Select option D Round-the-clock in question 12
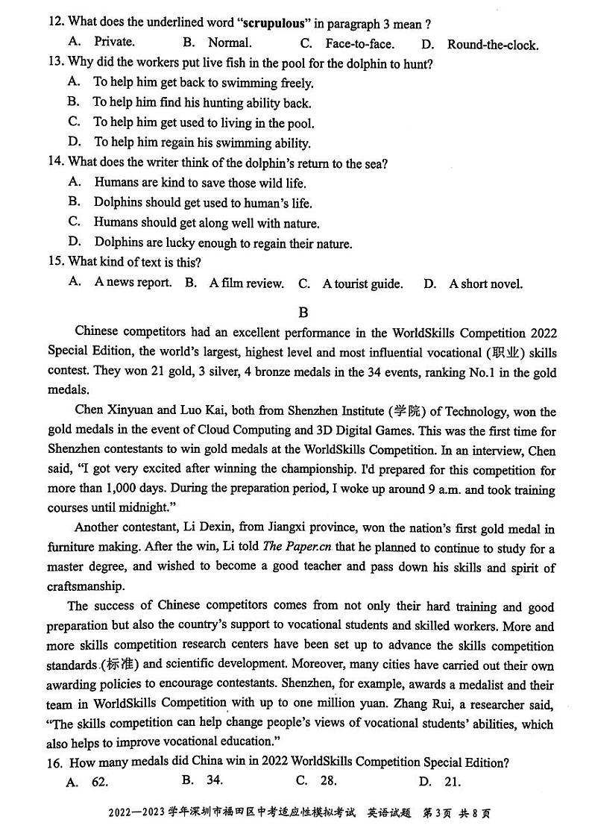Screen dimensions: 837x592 pyautogui.click(x=492, y=45)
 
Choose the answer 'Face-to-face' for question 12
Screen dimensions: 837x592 pyautogui.click(x=359, y=44)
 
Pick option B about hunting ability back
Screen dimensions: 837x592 pyautogui.click(x=202, y=103)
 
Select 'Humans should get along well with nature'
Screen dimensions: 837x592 pyautogui.click(x=207, y=222)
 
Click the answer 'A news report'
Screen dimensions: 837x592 pyautogui.click(x=133, y=283)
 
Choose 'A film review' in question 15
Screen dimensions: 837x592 pyautogui.click(x=246, y=283)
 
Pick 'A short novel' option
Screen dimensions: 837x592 pyautogui.click(x=485, y=283)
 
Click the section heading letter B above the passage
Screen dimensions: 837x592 pyautogui.click(x=303, y=313)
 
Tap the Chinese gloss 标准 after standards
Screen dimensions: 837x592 pyautogui.click(x=125, y=665)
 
